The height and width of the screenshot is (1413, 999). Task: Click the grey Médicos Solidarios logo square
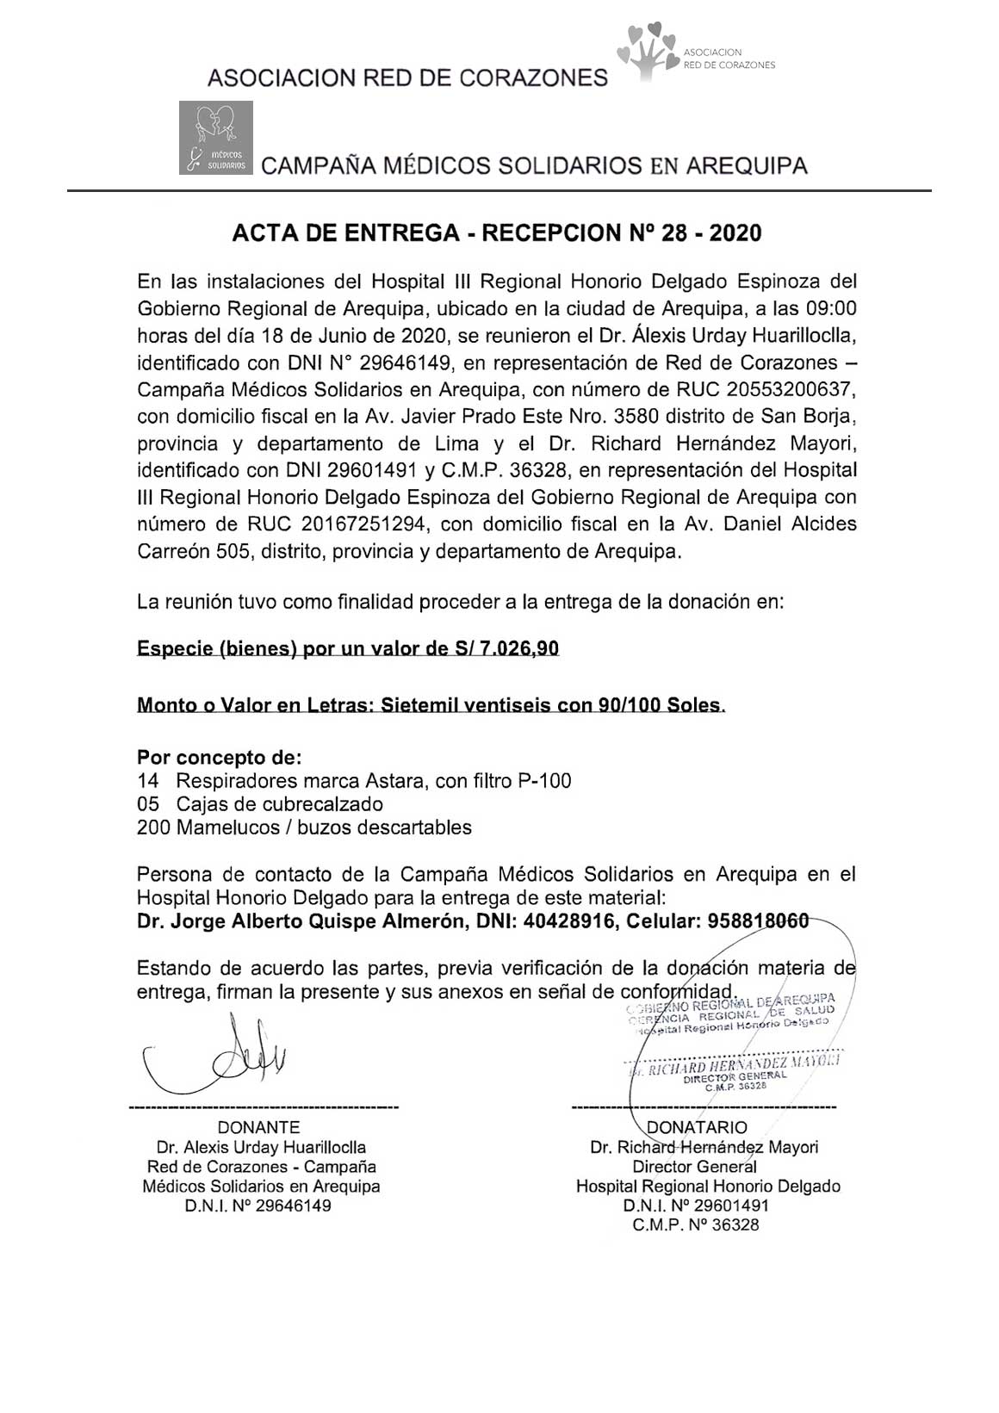coord(216,138)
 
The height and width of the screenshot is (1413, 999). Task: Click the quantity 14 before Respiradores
coord(147,781)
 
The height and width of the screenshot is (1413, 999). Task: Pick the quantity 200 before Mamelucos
coord(152,827)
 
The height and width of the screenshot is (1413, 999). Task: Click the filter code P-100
coord(543,781)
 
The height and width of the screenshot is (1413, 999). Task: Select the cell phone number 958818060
coord(758,921)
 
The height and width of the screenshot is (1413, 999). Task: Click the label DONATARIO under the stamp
coord(697,1127)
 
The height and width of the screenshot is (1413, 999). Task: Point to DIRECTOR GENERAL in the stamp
coord(735,1075)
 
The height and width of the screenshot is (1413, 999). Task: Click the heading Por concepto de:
coord(220,758)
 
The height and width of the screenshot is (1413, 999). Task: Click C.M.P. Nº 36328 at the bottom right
coord(696,1224)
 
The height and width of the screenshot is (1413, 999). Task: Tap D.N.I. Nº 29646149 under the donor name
coord(258,1205)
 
